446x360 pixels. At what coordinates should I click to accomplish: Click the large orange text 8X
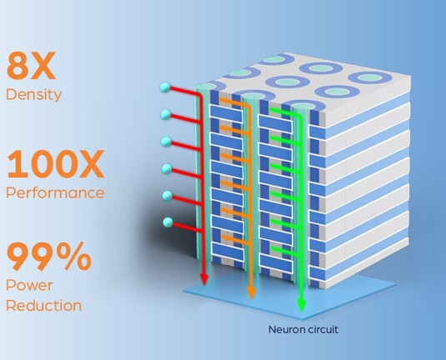pyautogui.click(x=31, y=66)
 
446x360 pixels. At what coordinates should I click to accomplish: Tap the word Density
pyautogui.click(x=33, y=94)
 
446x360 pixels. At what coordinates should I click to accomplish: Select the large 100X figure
pyautogui.click(x=55, y=165)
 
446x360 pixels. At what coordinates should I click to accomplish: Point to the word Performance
pyautogui.click(x=55, y=192)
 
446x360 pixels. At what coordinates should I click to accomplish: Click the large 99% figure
pyautogui.click(x=48, y=256)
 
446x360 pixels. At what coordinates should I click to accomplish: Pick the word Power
pyautogui.click(x=29, y=285)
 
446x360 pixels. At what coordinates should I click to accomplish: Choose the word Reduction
pyautogui.click(x=43, y=306)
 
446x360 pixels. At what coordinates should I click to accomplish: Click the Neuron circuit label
pyautogui.click(x=303, y=329)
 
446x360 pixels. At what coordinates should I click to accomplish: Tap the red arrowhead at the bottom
pyautogui.click(x=204, y=279)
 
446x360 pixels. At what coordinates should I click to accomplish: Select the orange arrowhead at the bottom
pyautogui.click(x=251, y=292)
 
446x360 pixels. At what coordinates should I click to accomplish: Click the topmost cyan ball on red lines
pyautogui.click(x=165, y=87)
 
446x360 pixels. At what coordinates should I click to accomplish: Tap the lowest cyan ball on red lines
pyautogui.click(x=168, y=222)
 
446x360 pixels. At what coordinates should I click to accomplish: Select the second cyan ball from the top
pyautogui.click(x=166, y=114)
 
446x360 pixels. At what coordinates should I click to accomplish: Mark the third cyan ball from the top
pyautogui.click(x=167, y=142)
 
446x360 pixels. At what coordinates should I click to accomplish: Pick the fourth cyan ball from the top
pyautogui.click(x=167, y=169)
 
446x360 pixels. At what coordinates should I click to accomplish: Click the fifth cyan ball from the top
pyautogui.click(x=168, y=195)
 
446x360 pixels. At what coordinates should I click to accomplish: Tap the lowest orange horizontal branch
pyautogui.click(x=236, y=240)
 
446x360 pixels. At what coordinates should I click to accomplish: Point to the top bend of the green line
pyautogui.click(x=298, y=116)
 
